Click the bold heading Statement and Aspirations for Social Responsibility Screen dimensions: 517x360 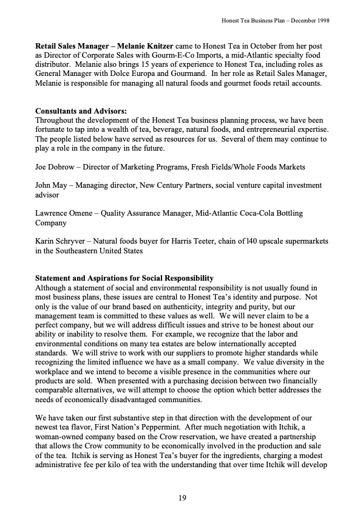124,278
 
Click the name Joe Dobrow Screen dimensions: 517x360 56,166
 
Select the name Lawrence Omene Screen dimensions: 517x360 65,213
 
